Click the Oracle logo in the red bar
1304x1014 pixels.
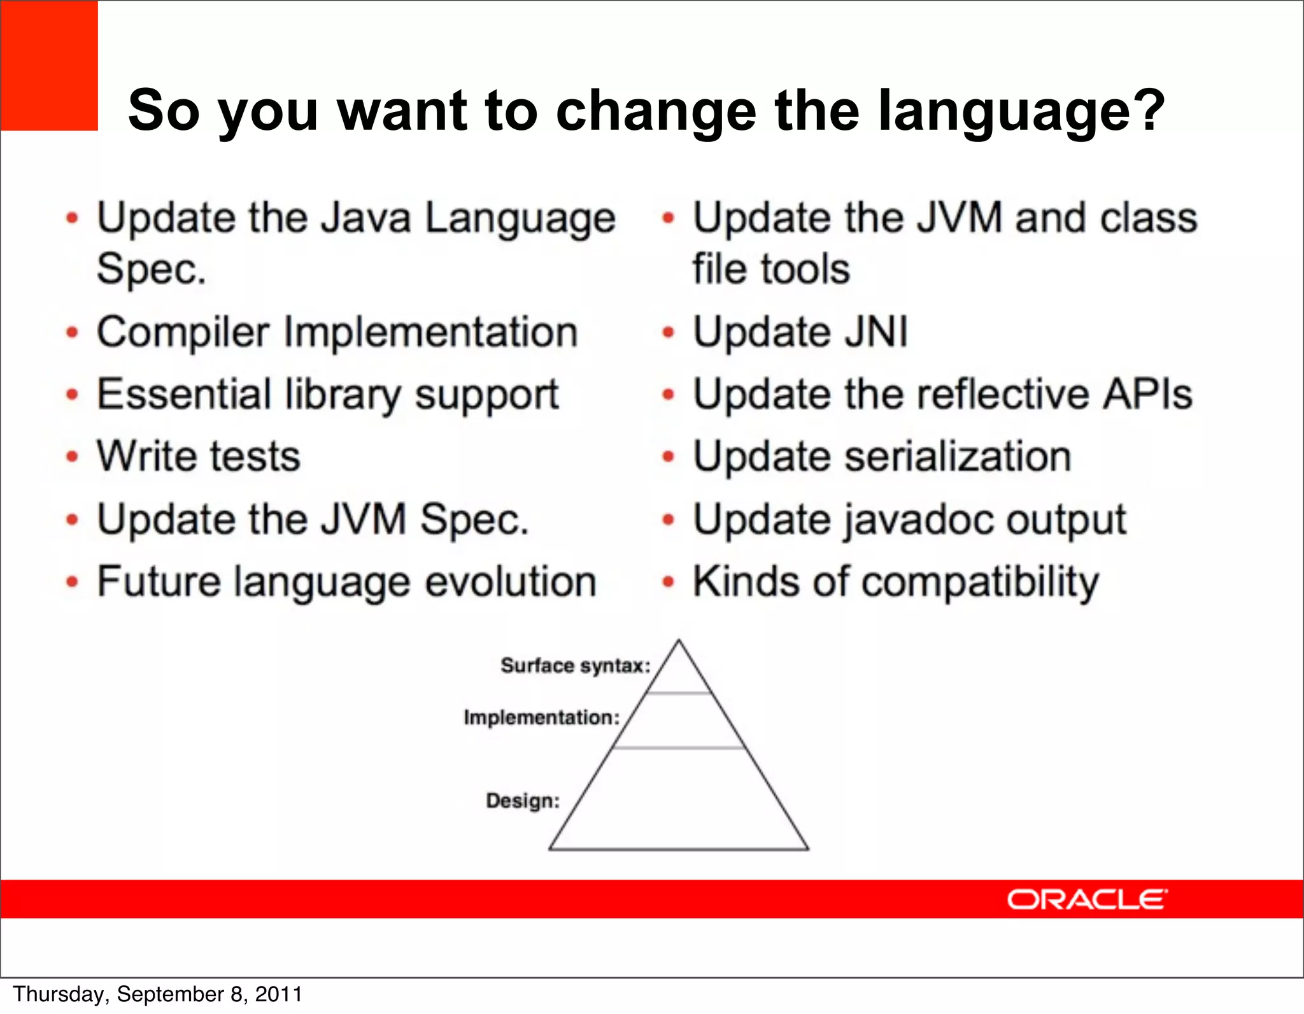tap(1087, 899)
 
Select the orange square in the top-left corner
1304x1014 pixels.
tap(49, 66)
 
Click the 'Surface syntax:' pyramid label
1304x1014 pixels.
tap(575, 666)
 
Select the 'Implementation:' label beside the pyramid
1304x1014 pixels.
tap(541, 718)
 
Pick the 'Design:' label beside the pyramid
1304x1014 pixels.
tap(522, 801)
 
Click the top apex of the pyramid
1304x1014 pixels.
tap(679, 642)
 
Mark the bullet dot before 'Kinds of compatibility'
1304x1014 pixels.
tap(668, 582)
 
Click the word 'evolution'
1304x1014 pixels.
tap(510, 582)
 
